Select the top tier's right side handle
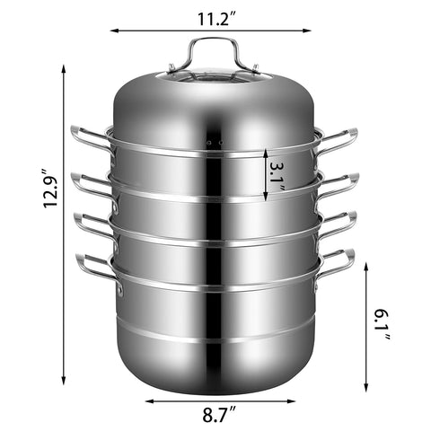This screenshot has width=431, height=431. pos(339,139)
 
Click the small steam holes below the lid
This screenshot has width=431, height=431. pos(213,144)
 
